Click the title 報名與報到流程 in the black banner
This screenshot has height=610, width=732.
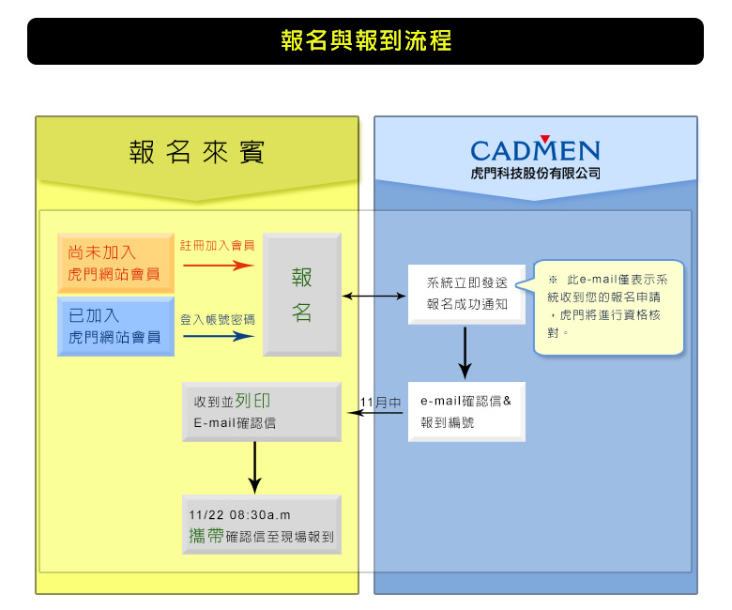[366, 40]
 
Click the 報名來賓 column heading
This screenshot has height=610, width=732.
[196, 152]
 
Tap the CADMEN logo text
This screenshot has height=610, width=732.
[535, 151]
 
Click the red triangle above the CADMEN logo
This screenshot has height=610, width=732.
[545, 139]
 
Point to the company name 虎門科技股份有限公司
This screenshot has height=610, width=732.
[535, 174]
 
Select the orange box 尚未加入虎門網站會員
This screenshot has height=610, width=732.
[115, 263]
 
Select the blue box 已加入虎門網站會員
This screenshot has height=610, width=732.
[115, 327]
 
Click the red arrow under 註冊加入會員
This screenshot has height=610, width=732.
[219, 266]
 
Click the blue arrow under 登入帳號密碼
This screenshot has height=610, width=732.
[219, 336]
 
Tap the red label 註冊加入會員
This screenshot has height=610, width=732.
[218, 246]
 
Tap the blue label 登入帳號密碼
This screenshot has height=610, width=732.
[218, 320]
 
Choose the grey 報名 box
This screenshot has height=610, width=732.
[302, 295]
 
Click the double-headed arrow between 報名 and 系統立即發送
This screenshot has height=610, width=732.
[374, 296]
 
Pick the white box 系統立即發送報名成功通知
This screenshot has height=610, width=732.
[466, 295]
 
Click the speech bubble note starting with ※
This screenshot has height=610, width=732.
[608, 307]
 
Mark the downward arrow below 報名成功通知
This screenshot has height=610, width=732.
[465, 353]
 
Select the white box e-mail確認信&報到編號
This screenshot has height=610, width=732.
[466, 412]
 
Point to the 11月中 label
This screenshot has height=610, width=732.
[380, 403]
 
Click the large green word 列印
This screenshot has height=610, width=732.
[252, 401]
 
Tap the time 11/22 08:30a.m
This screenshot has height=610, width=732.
[240, 515]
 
